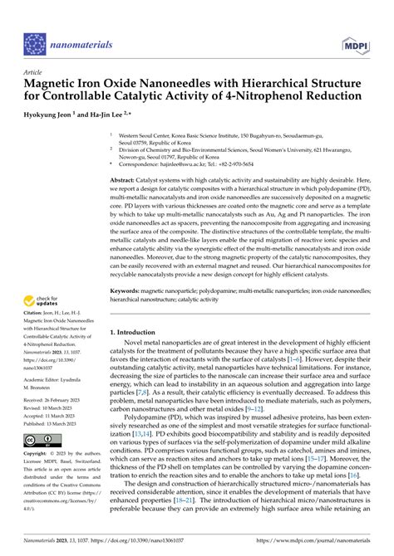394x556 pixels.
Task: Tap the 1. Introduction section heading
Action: click(x=139, y=332)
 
